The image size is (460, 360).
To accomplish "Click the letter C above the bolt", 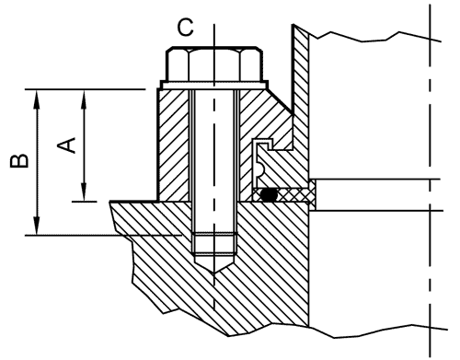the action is [186, 28].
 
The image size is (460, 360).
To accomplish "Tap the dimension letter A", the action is [66, 145].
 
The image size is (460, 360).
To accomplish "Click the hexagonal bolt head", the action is [214, 64].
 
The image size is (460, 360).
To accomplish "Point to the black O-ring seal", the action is [269, 195].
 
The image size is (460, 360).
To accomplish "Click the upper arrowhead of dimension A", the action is [84, 99].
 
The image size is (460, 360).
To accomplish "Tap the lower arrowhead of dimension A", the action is [84, 192].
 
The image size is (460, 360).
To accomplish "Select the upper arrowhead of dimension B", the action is [37, 99].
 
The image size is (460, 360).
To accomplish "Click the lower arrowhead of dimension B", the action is [37, 226].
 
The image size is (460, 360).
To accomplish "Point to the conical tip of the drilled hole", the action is [214, 264].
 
